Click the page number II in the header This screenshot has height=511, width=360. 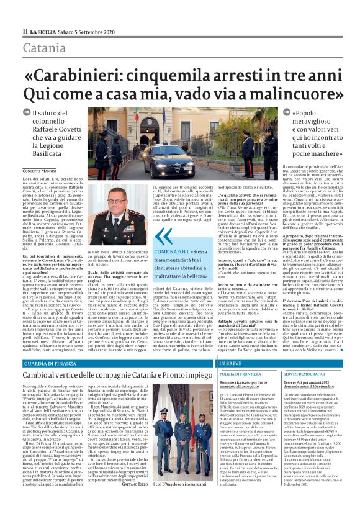[x=25, y=30]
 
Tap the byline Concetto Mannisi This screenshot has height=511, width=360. [x=40, y=170]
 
